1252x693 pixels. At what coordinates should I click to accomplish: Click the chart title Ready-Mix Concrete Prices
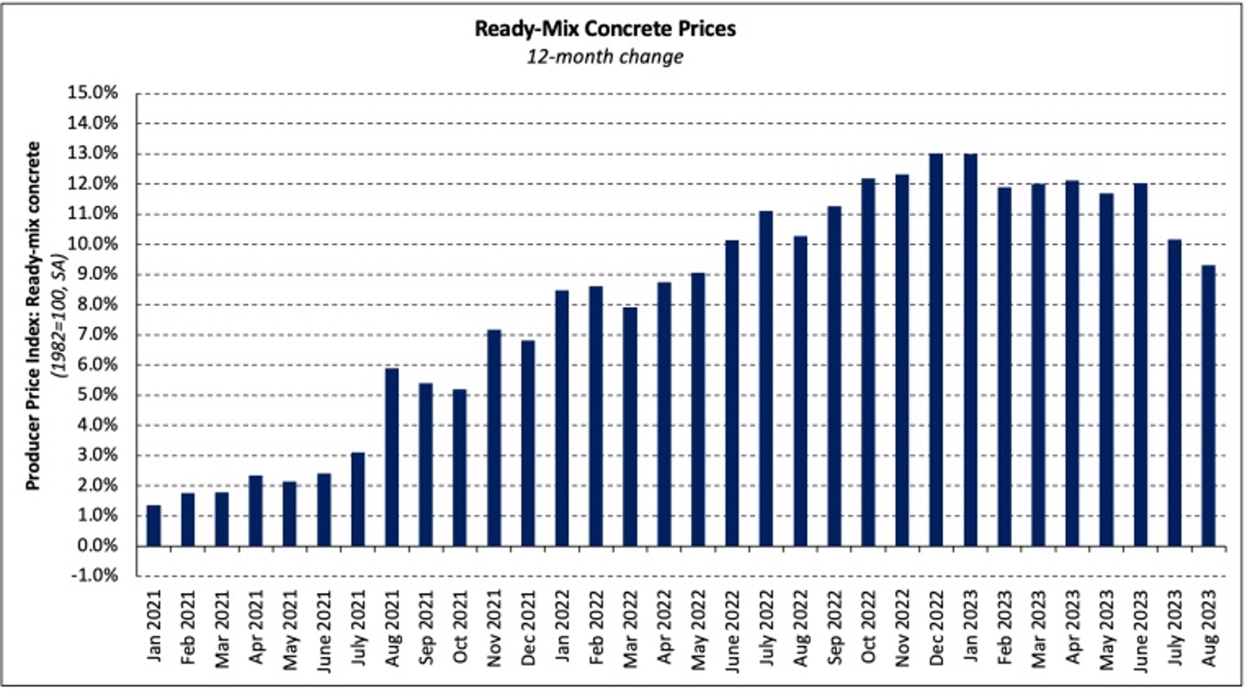(605, 29)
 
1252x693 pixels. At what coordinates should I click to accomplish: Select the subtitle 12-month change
(605, 57)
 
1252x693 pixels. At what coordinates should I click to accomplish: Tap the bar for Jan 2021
(153, 526)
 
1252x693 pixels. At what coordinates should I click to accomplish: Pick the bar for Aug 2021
(392, 458)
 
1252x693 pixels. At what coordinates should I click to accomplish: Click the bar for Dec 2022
(936, 350)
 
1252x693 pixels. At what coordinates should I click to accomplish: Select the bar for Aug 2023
(1208, 406)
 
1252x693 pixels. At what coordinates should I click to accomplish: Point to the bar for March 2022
(630, 427)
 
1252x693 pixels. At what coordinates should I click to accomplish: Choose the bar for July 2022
(766, 379)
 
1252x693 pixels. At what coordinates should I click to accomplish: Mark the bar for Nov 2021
(494, 438)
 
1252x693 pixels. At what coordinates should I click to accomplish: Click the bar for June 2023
(1140, 365)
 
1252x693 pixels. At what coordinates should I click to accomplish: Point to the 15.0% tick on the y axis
(93, 93)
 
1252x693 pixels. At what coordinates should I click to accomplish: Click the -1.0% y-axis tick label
(93, 575)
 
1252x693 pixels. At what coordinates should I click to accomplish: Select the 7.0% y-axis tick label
(93, 335)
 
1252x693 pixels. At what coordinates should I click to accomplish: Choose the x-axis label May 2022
(698, 630)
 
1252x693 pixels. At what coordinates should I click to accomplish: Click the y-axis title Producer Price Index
(33, 316)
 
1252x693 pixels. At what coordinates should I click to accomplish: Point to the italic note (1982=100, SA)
(59, 316)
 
